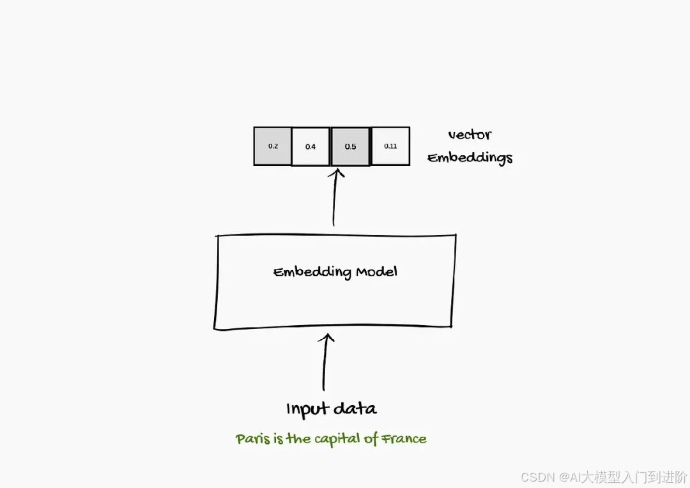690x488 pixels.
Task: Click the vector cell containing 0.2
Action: [273, 146]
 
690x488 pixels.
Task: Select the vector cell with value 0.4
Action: [310, 147]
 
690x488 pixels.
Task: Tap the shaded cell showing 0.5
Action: [350, 147]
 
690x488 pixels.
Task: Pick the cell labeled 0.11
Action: [390, 146]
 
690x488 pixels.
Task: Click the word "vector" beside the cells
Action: [470, 135]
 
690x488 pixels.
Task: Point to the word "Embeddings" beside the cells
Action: [470, 158]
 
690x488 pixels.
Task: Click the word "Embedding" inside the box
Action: [312, 273]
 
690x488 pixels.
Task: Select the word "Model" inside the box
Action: [376, 271]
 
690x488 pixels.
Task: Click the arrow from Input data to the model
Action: [325, 364]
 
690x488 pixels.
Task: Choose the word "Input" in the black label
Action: [307, 409]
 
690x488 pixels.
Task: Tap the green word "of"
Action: [372, 439]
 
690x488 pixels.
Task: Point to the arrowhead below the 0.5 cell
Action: [336, 172]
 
